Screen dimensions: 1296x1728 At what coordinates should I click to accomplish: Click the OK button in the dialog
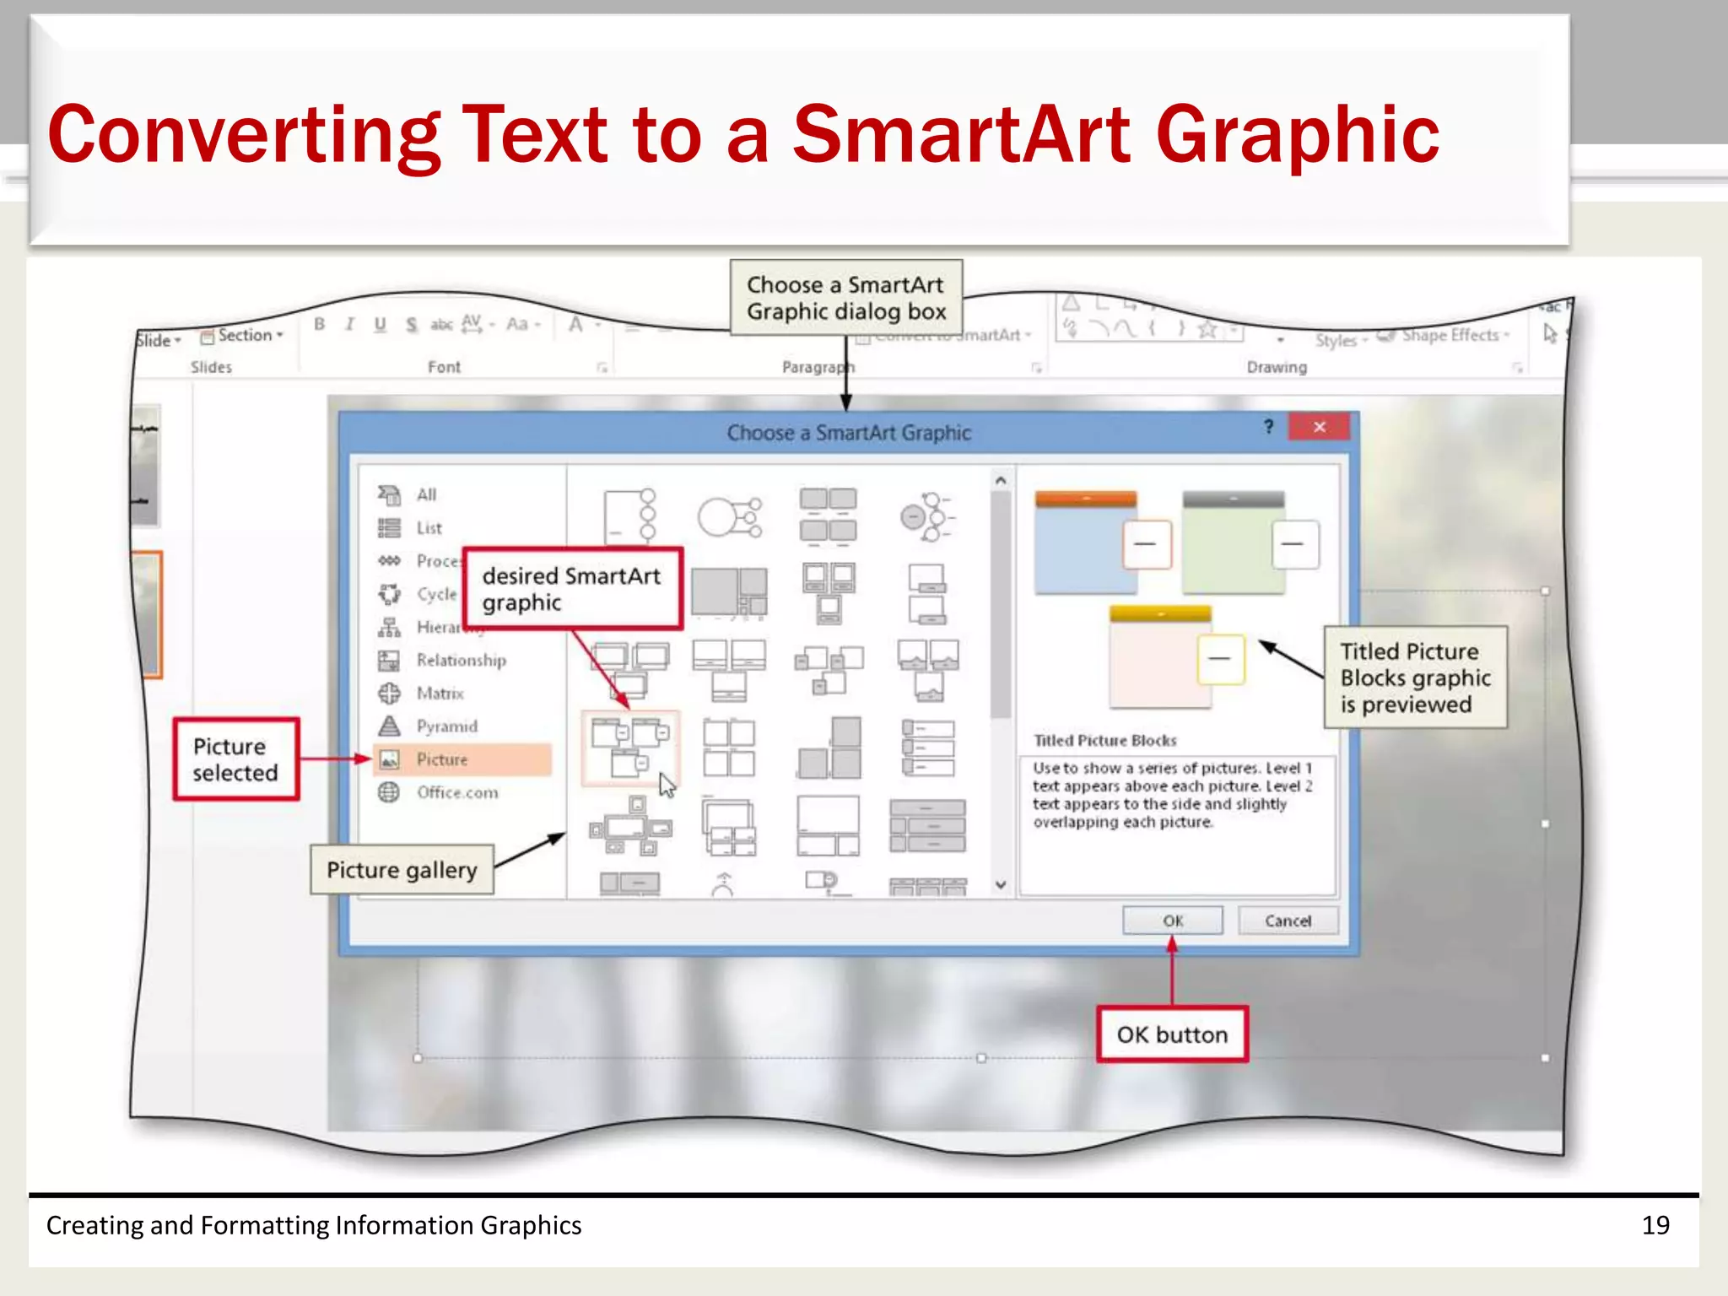click(1172, 921)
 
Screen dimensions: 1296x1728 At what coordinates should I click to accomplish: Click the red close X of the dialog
click(1319, 427)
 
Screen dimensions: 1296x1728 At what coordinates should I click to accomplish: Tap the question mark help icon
click(1268, 427)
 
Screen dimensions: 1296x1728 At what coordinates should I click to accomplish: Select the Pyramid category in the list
click(446, 726)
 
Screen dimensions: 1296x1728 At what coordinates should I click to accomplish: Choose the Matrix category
click(440, 694)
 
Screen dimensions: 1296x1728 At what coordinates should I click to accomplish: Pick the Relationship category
click(461, 661)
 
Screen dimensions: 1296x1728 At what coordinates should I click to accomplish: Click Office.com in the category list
click(456, 792)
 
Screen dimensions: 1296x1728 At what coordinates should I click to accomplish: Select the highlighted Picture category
click(442, 759)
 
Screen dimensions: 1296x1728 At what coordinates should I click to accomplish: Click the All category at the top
click(426, 494)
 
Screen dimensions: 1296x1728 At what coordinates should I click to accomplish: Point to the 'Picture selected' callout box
click(235, 759)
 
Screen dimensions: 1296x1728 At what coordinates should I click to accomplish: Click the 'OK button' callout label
click(1172, 1034)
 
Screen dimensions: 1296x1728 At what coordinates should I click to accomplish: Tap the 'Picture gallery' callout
click(402, 870)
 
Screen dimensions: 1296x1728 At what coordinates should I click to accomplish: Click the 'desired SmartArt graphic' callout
click(572, 589)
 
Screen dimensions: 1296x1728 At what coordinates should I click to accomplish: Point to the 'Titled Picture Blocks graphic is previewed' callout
click(1415, 678)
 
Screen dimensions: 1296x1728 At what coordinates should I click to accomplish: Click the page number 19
click(1655, 1225)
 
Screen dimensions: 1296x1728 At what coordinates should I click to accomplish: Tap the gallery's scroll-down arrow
click(1001, 885)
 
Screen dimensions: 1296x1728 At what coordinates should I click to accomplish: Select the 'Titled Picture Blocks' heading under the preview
click(1104, 741)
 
